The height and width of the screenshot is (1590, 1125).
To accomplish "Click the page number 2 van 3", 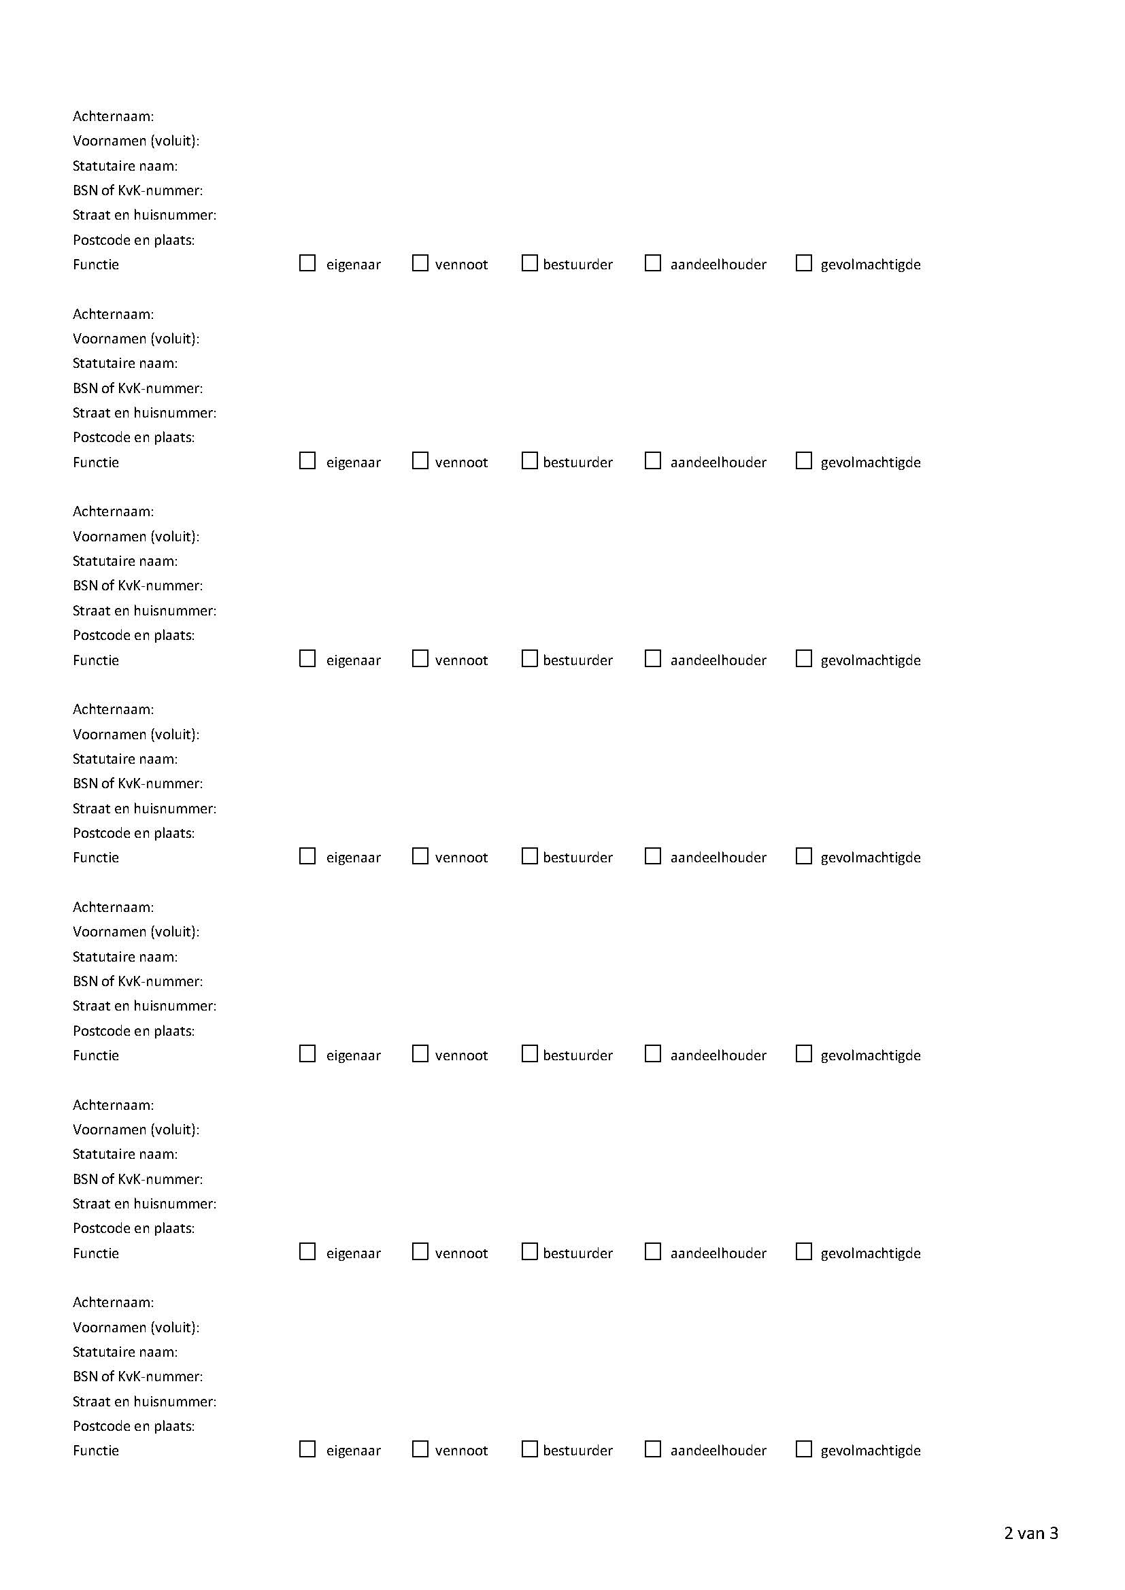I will point(1030,1533).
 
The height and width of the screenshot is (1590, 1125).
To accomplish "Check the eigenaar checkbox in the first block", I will point(307,263).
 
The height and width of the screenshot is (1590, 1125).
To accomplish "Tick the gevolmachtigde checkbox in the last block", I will point(803,1449).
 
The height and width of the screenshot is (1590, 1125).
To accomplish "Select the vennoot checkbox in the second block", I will point(420,460).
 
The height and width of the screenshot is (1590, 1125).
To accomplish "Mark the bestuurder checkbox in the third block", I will point(529,658).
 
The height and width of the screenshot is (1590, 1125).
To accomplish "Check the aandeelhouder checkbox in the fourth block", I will point(652,856).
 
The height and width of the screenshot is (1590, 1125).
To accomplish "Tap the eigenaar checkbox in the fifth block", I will point(307,1054).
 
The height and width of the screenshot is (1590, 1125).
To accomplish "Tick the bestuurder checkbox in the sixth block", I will point(529,1251).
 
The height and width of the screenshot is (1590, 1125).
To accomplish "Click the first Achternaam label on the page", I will point(113,116).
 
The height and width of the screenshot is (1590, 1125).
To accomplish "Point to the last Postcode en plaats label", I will point(134,1425).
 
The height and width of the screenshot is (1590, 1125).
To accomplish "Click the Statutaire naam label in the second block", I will point(124,363).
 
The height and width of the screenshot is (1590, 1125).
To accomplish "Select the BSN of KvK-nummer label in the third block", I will point(137,585).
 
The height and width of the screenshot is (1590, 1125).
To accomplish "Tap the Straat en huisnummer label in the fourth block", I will point(144,808).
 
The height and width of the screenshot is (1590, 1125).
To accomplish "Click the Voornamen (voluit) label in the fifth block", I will point(136,932).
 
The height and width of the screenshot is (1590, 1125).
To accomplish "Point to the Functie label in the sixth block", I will point(96,1253).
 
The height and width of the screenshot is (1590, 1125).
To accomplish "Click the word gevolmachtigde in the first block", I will point(870,265).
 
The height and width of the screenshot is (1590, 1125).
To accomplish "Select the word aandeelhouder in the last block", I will point(718,1450).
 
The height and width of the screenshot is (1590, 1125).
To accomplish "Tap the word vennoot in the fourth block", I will point(460,858).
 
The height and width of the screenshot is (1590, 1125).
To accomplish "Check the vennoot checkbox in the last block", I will point(420,1449).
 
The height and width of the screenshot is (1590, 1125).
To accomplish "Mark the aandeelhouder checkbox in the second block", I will point(652,460).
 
